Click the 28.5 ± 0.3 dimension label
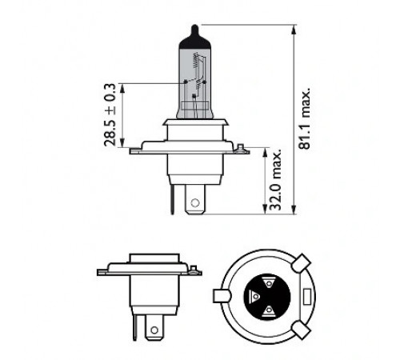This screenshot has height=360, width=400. (x=110, y=114)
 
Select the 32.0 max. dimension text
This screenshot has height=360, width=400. (x=275, y=180)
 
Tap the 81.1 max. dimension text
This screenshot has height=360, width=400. (x=305, y=118)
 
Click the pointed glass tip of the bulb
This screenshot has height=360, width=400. (x=195, y=29)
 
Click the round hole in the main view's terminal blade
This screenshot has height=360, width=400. (x=195, y=203)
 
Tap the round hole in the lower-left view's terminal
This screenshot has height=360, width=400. (x=154, y=330)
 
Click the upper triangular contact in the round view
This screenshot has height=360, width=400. (x=269, y=283)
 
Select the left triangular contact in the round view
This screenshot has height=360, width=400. (x=254, y=296)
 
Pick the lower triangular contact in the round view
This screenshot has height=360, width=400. (x=269, y=310)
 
